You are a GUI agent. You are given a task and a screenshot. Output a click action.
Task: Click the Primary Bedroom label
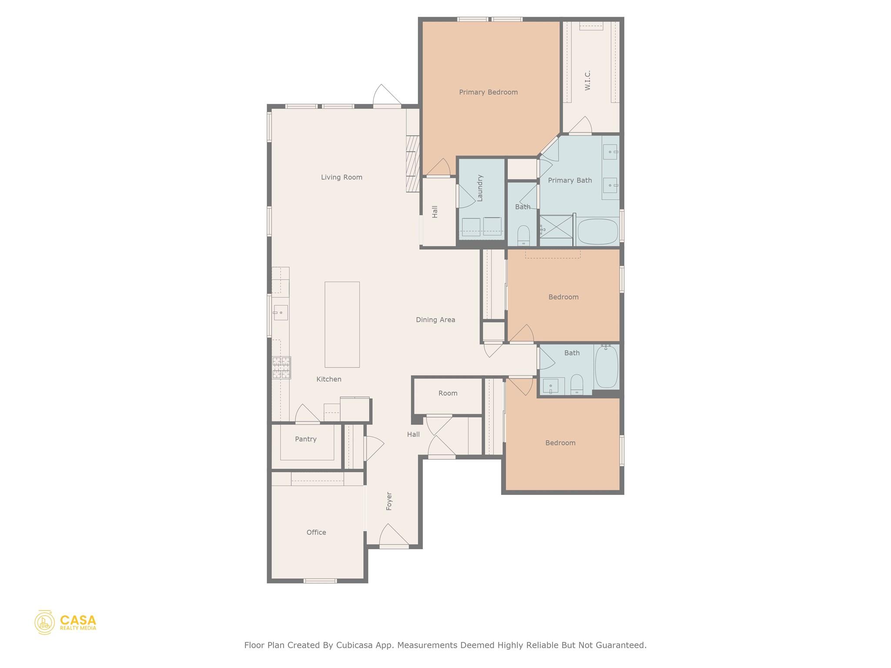[488, 92]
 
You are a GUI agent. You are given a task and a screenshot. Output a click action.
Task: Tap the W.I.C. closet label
[588, 80]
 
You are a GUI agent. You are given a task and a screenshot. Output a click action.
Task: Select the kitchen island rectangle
[342, 324]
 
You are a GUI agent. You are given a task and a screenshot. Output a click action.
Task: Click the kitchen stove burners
[281, 367]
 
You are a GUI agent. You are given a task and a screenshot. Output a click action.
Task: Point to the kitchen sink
[280, 313]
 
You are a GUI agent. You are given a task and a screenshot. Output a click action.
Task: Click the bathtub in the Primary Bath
[597, 232]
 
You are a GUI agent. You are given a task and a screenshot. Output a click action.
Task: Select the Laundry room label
[480, 188]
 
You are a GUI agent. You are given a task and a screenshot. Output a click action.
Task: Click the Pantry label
[305, 439]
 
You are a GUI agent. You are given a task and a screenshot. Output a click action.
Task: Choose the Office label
[316, 532]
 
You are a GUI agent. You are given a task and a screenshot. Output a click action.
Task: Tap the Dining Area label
[435, 320]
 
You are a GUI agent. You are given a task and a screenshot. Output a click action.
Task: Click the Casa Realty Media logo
[65, 622]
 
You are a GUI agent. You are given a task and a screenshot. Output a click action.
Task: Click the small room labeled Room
[448, 393]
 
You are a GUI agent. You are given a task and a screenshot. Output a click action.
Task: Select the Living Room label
[342, 177]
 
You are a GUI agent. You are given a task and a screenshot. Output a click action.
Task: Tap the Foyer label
[389, 501]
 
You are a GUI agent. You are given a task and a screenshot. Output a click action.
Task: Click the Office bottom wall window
[320, 581]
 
